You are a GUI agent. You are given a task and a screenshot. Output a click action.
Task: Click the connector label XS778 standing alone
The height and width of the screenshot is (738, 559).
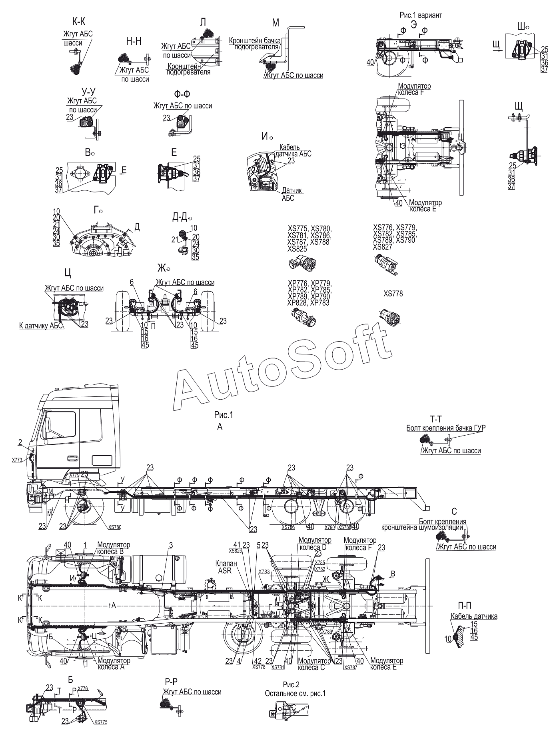[393, 294]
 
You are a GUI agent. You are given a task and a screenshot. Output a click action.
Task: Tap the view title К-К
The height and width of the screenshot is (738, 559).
[79, 23]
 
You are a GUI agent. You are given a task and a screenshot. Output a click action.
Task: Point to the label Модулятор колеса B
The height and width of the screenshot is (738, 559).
[113, 548]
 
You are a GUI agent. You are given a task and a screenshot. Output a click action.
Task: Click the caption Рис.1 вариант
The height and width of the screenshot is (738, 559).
[421, 15]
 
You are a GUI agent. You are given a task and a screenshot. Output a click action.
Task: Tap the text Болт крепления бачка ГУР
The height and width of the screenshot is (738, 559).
[446, 428]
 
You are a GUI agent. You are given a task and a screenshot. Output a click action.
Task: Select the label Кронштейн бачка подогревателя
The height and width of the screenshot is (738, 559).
[255, 44]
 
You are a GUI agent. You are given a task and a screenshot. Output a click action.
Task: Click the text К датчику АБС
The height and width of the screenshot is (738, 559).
[41, 326]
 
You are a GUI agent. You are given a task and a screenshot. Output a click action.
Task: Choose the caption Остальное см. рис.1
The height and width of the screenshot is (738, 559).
[295, 693]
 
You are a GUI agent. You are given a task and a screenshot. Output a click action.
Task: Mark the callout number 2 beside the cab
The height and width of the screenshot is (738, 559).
[20, 442]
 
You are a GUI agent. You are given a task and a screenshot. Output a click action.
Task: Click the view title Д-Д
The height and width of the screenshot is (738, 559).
[181, 217]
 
